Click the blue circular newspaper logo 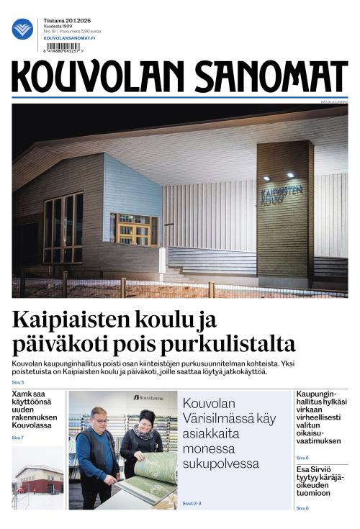pos(22,29)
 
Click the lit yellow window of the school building pos(134,230)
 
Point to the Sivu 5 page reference pos(18,381)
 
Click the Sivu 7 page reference pos(18,438)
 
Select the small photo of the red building pos(38,479)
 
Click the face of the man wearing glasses pos(98,420)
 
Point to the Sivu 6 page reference pos(302,458)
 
